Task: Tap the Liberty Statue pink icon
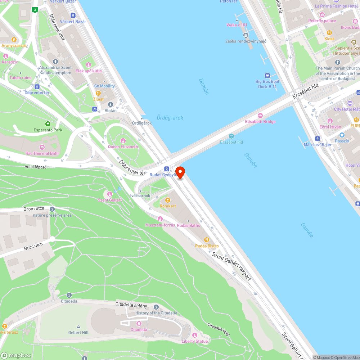pyautogui.click(x=195, y=336)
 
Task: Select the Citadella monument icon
pyautogui.click(x=139, y=324)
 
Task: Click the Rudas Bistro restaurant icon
pyautogui.click(x=207, y=240)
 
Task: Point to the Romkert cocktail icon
pyautogui.click(x=167, y=200)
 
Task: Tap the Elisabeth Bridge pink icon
pyautogui.click(x=260, y=116)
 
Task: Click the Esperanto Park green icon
pyautogui.click(x=48, y=124)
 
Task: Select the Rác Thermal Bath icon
pyautogui.click(x=42, y=147)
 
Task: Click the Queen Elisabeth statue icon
pyautogui.click(x=123, y=141)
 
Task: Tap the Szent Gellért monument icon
pyautogui.click(x=110, y=194)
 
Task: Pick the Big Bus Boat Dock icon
pyautogui.click(x=267, y=76)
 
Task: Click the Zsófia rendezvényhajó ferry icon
pyautogui.click(x=246, y=35)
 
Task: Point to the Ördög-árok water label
pyautogui.click(x=170, y=118)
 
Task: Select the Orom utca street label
pyautogui.click(x=34, y=209)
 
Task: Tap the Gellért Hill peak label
pyautogui.click(x=78, y=332)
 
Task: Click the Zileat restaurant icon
pyautogui.click(x=98, y=93)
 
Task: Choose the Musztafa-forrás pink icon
pyautogui.click(x=160, y=219)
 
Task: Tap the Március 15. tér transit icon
pyautogui.click(x=318, y=139)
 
